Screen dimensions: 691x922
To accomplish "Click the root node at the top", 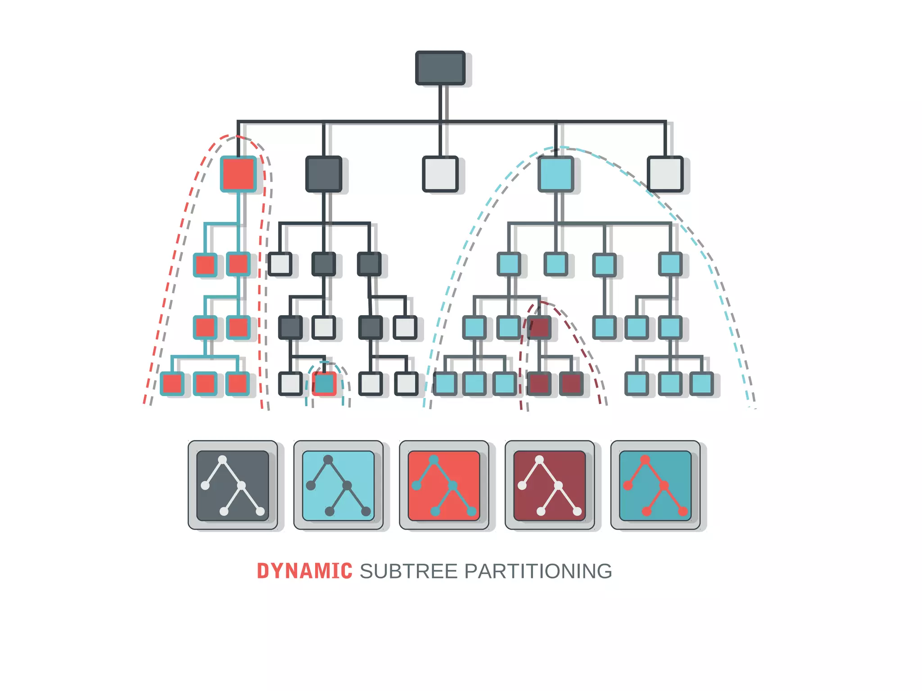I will click(440, 68).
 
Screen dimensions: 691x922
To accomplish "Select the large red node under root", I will click(238, 174).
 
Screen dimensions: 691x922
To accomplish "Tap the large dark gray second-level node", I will click(324, 174).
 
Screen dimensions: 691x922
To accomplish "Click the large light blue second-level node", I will click(556, 174).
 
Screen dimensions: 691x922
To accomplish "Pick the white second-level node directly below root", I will click(440, 174).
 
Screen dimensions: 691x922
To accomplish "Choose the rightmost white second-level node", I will click(665, 174).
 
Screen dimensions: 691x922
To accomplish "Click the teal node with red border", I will click(324, 384).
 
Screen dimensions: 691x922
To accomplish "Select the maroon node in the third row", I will click(539, 327).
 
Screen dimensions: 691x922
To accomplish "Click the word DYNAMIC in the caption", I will click(304, 571).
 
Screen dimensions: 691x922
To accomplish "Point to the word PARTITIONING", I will click(538, 571).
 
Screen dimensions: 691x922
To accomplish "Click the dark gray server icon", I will click(233, 485).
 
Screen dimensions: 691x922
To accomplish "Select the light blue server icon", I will click(338, 485).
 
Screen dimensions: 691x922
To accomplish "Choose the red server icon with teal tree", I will click(444, 485).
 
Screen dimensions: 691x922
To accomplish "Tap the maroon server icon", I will click(550, 485).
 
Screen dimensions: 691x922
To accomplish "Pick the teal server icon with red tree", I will click(655, 485).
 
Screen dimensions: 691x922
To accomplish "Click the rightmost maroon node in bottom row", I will click(571, 384).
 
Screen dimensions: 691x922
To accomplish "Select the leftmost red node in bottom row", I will click(172, 384).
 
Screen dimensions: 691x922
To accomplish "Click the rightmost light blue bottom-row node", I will click(701, 384).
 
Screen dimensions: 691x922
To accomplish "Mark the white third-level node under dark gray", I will click(280, 264).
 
